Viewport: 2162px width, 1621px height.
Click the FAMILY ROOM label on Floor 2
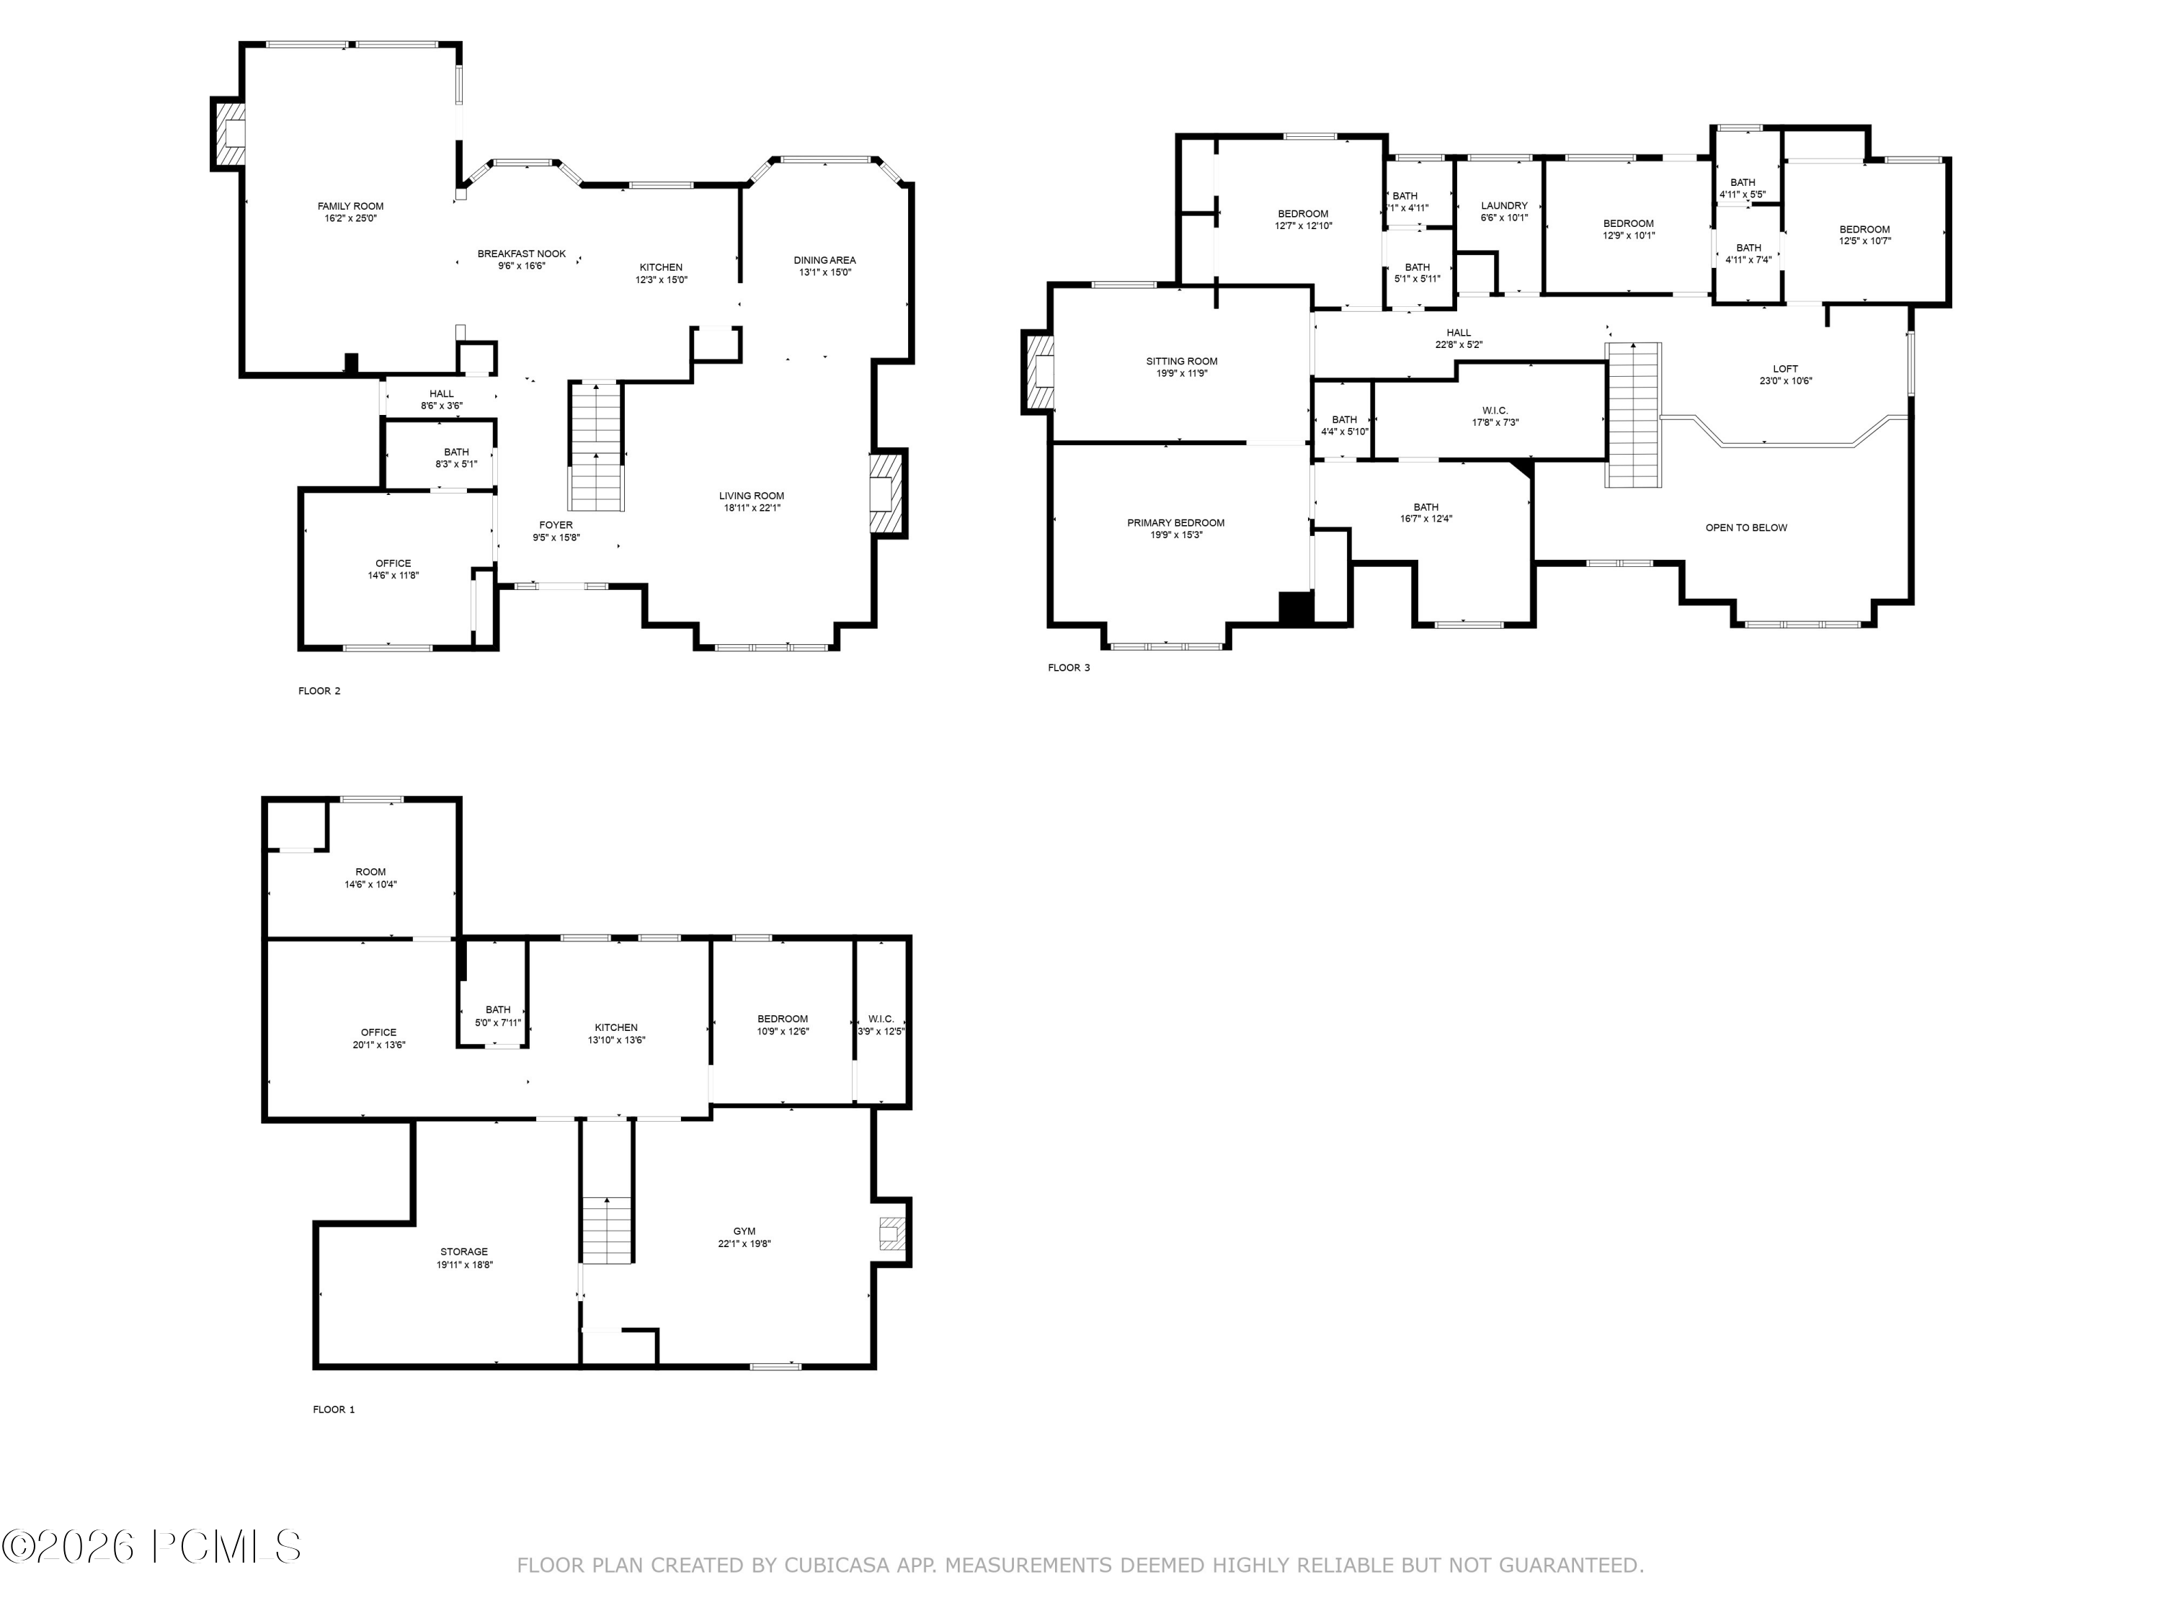point(350,206)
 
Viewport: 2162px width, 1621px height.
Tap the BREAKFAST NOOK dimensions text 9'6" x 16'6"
point(521,266)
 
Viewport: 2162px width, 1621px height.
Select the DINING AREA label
point(824,260)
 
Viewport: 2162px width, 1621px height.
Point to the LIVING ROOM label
point(751,496)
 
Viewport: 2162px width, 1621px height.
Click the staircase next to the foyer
point(596,447)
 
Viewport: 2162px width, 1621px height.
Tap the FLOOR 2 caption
point(319,691)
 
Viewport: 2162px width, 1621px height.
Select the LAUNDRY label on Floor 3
point(1503,206)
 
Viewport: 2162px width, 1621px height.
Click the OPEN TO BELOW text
point(1745,527)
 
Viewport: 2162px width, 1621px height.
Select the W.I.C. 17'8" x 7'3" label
point(1495,416)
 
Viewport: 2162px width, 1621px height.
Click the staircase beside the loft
point(1633,414)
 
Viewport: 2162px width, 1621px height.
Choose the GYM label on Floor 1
point(744,1231)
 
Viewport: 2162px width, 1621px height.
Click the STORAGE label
point(463,1251)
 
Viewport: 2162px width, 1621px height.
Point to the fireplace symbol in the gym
point(891,1233)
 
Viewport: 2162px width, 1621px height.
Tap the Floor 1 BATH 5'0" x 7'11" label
point(497,1016)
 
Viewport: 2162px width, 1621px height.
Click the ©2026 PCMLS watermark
point(151,1546)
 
